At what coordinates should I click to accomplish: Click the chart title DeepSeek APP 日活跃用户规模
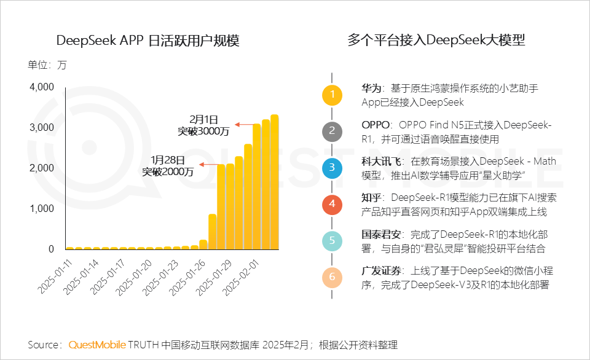(147, 41)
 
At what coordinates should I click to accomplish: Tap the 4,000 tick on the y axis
(42, 87)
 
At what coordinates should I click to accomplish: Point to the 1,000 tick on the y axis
(42, 209)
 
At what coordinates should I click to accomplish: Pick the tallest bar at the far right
(275, 182)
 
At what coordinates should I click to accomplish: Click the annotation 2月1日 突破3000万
(203, 125)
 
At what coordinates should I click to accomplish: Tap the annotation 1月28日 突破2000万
(168, 166)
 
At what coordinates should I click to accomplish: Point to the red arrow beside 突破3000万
(245, 125)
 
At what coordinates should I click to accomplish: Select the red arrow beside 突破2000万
(209, 165)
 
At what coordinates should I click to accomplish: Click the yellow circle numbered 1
(332, 95)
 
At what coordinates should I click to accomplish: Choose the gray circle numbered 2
(332, 131)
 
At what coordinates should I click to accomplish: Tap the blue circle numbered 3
(332, 167)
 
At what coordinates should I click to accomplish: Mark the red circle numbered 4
(332, 203)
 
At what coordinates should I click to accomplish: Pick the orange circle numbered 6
(332, 277)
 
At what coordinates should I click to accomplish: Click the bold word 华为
(371, 88)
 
